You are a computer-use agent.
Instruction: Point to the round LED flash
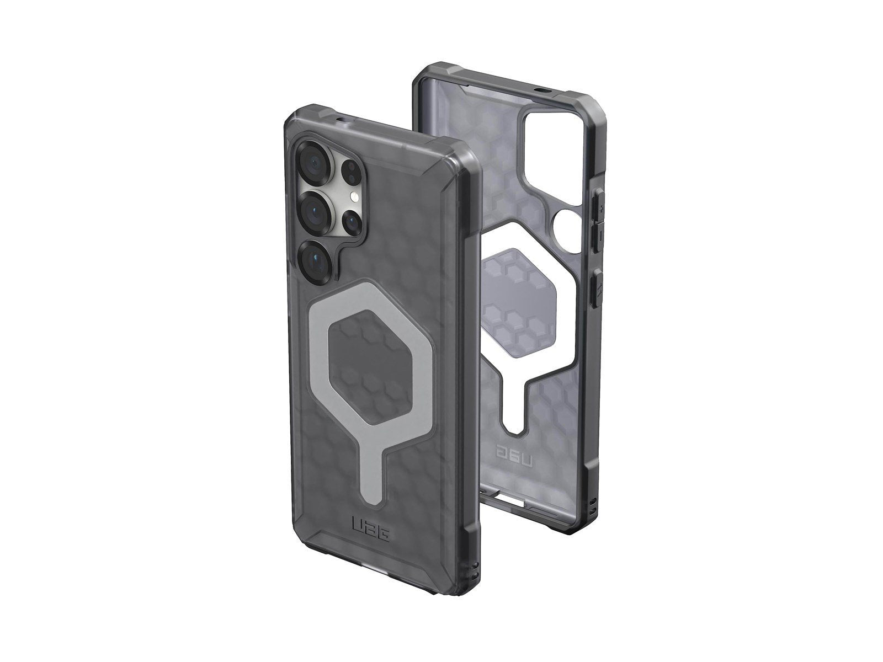pos(355,196)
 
